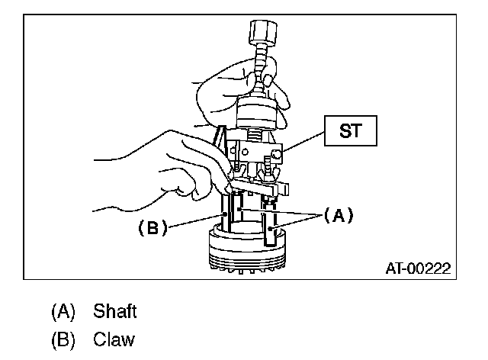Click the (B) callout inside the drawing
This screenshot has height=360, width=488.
(x=152, y=227)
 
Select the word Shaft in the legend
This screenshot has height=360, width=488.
(x=114, y=311)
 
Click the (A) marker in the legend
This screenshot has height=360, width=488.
(x=64, y=311)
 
